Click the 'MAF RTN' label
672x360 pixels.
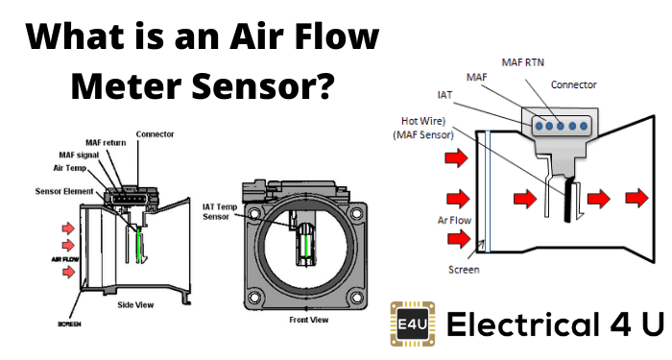tap(523, 62)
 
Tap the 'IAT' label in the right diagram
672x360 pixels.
tap(444, 95)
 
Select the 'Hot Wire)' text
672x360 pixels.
tap(423, 121)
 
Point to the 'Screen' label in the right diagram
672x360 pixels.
tap(464, 270)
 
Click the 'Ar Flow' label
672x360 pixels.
tap(454, 220)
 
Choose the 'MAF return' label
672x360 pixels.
tap(106, 143)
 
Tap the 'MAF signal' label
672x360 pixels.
tap(79, 156)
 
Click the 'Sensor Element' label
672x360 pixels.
tap(64, 192)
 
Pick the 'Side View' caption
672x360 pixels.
tap(135, 305)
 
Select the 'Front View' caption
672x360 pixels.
tap(308, 320)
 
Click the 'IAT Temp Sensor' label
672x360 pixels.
tap(220, 212)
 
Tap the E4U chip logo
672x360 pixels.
tap(413, 324)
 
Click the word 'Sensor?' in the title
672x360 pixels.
tap(263, 85)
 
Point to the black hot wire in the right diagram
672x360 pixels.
tap(570, 200)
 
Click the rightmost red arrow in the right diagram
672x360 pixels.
tap(636, 199)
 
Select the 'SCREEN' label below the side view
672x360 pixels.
tap(69, 324)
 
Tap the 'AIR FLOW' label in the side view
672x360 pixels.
tap(65, 259)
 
